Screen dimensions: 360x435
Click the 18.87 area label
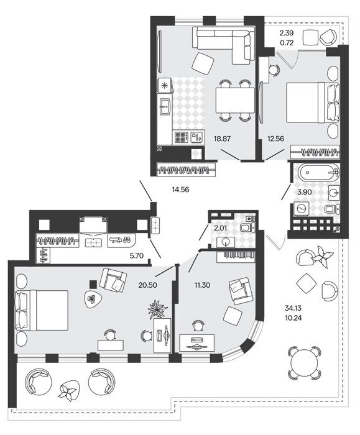tap(222, 139)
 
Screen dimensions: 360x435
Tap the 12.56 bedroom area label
tap(275, 139)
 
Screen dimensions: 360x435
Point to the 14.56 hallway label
tap(180, 190)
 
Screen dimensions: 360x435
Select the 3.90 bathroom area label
tap(305, 192)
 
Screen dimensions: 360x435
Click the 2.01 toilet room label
tap(220, 228)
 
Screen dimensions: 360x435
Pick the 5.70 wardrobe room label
tap(137, 255)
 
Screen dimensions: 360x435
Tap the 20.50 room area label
tap(147, 285)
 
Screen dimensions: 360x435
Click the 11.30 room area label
tap(202, 285)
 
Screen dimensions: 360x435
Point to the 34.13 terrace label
tap(293, 308)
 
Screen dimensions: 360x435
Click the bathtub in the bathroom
tap(318, 172)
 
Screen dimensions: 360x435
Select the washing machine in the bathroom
tap(302, 209)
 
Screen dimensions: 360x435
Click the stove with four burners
tap(182, 137)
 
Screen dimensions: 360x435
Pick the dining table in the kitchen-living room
tap(235, 100)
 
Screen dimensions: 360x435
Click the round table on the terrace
tap(305, 363)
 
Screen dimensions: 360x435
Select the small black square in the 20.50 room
tap(93, 285)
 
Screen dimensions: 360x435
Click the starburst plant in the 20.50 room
tap(157, 309)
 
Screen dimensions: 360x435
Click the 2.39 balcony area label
tap(287, 34)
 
